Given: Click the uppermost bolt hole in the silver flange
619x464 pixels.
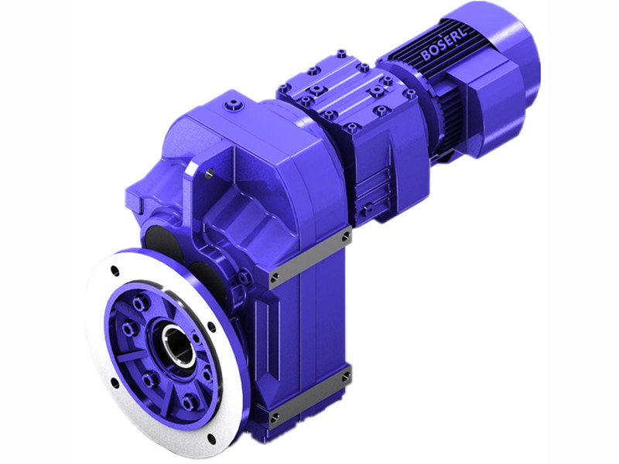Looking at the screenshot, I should (x=115, y=271).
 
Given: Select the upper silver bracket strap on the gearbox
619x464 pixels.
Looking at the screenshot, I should (x=308, y=254).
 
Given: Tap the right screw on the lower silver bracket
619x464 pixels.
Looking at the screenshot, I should (x=344, y=378).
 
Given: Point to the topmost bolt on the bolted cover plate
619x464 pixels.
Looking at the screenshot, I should (x=340, y=54).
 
